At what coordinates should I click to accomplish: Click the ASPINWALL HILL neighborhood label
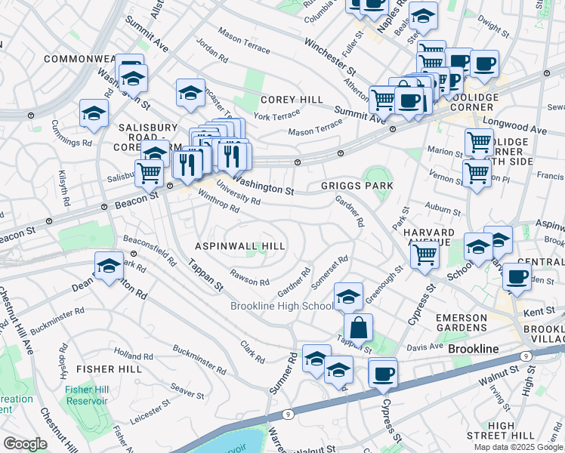240,246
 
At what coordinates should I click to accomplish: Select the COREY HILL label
292,100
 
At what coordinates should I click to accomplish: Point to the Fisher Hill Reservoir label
89,394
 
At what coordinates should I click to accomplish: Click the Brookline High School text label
282,306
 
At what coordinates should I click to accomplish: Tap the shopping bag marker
358,328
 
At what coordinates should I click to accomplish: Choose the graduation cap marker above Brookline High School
347,296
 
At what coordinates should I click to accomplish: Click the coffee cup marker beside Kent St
517,276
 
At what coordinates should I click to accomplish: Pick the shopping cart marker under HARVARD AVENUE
425,254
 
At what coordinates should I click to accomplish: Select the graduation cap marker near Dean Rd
109,267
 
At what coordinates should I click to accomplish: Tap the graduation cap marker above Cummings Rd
94,113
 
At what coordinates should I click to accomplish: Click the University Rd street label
238,196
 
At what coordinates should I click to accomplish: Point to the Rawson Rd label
250,278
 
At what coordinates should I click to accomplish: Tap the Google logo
25,444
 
